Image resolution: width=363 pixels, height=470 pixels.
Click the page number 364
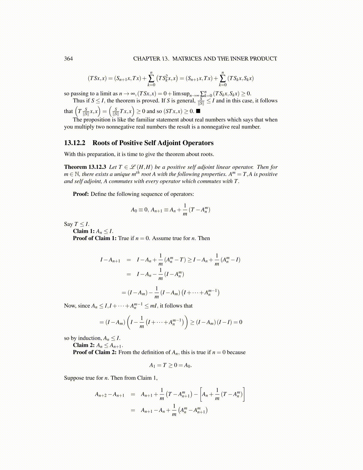68,58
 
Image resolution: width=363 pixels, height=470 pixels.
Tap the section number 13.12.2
74,143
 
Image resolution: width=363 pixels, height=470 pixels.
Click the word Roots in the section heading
101,143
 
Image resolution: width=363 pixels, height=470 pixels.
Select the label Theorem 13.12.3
85,167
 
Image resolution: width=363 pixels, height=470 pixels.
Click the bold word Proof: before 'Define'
81,194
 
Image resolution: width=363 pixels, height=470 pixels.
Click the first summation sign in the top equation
151,78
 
